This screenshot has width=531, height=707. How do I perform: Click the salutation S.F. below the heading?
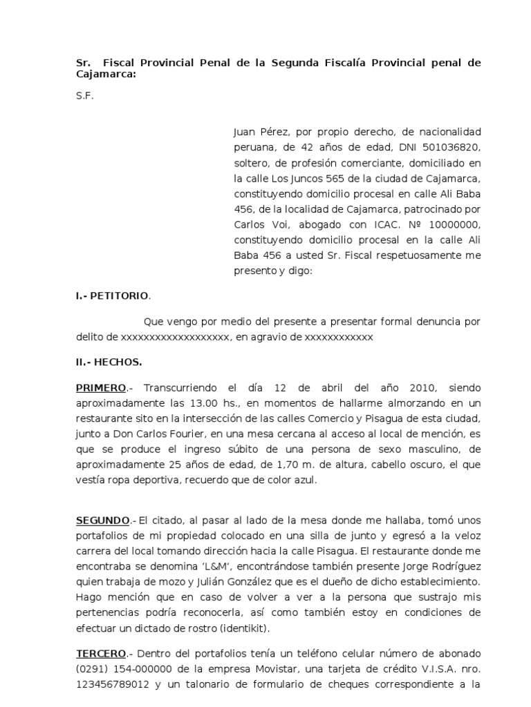[84, 97]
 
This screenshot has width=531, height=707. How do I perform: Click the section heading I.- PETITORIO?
[112, 296]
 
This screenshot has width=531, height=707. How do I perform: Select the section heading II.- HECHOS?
[109, 361]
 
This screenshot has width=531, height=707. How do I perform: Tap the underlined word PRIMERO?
[101, 389]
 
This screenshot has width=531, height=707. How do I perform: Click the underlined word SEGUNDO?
[102, 521]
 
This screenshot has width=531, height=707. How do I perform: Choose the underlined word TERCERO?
[101, 654]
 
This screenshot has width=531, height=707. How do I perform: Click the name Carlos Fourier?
[175, 434]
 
